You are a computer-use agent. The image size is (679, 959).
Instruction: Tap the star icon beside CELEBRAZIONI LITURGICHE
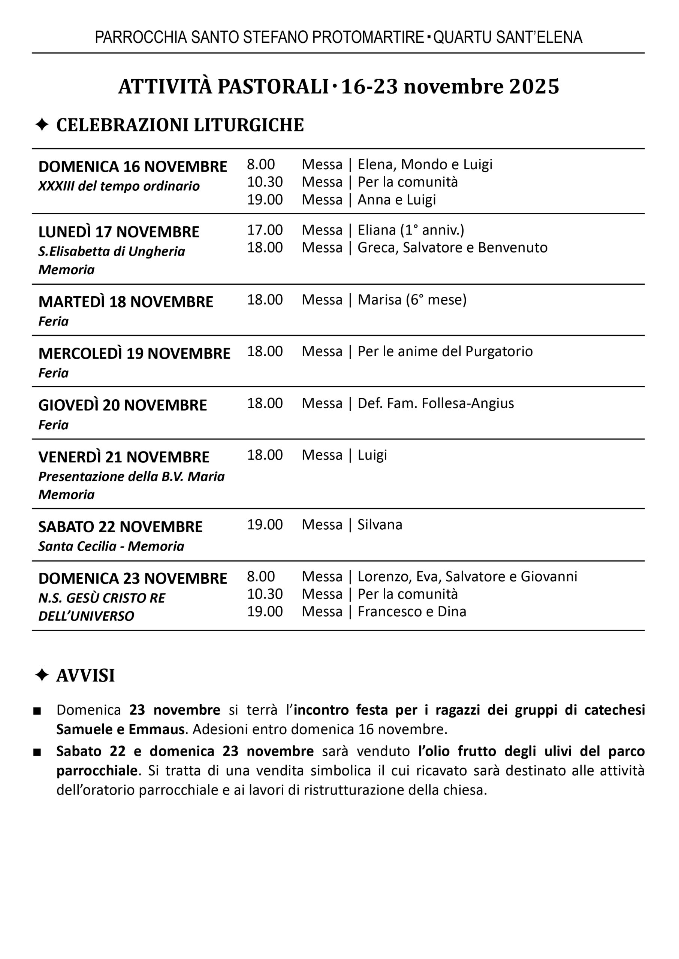[x=42, y=124]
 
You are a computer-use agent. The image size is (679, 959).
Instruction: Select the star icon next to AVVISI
[x=42, y=675]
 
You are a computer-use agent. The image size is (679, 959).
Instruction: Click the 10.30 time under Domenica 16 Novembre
[x=265, y=182]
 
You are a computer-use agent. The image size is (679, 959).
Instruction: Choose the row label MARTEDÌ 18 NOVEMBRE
[x=126, y=302]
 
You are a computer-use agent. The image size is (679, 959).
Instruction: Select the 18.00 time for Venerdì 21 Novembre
[x=265, y=455]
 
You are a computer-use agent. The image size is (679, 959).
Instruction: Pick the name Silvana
[x=380, y=524]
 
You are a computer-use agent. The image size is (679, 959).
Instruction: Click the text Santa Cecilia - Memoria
[x=111, y=546]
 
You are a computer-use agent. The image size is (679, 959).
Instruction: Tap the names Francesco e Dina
[x=411, y=612]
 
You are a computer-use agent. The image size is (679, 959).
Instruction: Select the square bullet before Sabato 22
[x=37, y=752]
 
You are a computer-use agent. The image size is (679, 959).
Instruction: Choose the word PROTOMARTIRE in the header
[x=368, y=37]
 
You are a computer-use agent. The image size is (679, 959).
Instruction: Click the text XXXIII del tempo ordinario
[x=119, y=186]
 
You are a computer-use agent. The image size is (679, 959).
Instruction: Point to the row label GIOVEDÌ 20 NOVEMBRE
[x=123, y=405]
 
